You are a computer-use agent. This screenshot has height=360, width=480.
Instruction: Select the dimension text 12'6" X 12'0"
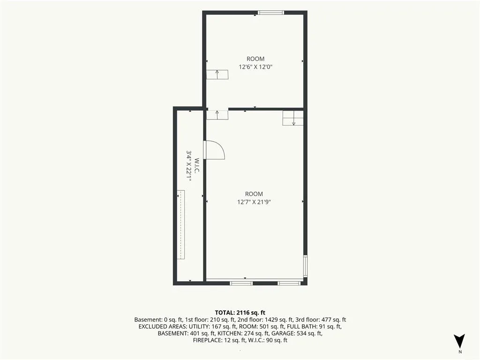(x=255, y=67)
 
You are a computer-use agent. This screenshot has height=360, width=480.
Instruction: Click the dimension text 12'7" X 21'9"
(x=254, y=202)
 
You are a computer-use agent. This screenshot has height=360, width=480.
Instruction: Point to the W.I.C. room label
(x=197, y=166)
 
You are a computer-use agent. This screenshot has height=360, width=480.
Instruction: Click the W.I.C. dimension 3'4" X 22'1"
(x=189, y=166)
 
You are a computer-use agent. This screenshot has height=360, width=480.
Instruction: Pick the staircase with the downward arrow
(x=293, y=118)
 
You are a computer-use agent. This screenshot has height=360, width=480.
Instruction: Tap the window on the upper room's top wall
(x=270, y=13)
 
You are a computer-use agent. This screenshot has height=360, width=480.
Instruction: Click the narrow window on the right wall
(x=305, y=266)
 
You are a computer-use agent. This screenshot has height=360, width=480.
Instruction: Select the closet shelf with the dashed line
(x=181, y=225)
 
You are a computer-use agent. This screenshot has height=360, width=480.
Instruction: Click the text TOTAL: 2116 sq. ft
(x=240, y=313)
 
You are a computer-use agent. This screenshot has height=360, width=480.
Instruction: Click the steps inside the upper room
(x=217, y=75)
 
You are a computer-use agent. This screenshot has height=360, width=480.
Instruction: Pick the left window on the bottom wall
(x=241, y=283)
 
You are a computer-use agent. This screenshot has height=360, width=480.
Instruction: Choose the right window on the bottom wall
(x=289, y=283)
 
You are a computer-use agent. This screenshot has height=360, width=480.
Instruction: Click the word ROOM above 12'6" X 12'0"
(x=255, y=59)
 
